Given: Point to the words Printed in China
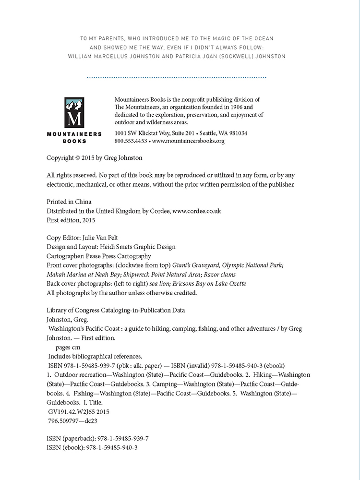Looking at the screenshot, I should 69,202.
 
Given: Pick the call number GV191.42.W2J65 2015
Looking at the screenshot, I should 79,411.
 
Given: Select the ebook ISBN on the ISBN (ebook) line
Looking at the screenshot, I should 112,448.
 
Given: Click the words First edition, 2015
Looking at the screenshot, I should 71,220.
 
